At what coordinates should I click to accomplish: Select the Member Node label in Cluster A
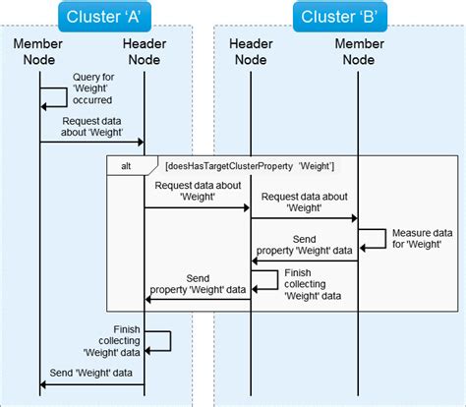pyautogui.click(x=39, y=51)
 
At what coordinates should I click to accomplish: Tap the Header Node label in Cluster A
pyautogui.click(x=145, y=51)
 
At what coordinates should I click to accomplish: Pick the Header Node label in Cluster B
pyautogui.click(x=251, y=51)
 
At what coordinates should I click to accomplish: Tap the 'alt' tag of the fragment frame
pyautogui.click(x=125, y=166)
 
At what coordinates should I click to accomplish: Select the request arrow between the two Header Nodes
pyautogui.click(x=198, y=207)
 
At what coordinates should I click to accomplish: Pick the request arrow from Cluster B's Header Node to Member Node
pyautogui.click(x=304, y=219)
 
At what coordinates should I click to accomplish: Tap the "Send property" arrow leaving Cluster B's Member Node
pyautogui.click(x=304, y=261)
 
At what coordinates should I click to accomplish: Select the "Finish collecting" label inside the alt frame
pyautogui.click(x=312, y=283)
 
